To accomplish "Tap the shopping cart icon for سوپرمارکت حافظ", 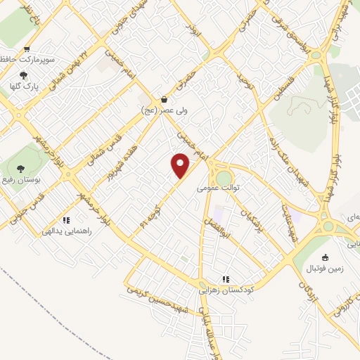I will (27, 49).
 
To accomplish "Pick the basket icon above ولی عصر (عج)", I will (164, 99).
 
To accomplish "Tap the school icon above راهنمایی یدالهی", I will (66, 219).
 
